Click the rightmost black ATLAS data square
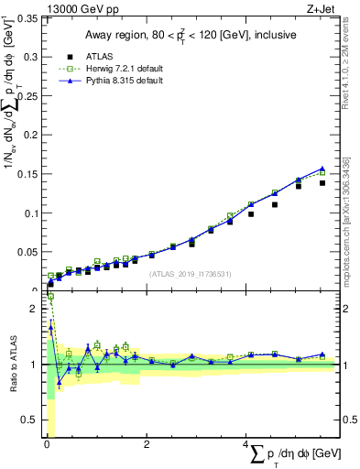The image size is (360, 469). coord(322,183)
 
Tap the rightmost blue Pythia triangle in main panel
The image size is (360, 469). coord(322,169)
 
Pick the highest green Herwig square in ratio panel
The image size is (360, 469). coord(50,297)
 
